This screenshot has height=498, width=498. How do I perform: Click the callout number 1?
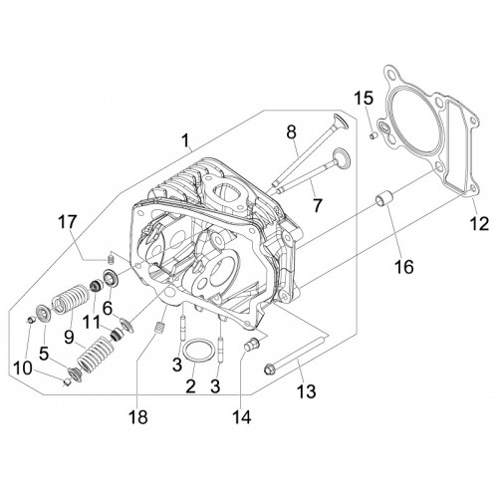186,140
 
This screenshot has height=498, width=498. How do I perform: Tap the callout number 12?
479,223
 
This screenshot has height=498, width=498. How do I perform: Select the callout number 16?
404,266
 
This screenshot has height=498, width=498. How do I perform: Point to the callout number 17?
68,222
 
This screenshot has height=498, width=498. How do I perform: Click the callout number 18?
138,416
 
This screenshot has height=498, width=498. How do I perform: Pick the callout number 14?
241,416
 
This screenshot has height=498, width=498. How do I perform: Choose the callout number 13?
306,390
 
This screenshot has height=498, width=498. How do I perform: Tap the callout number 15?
363,99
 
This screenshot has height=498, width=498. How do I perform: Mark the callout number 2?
190,386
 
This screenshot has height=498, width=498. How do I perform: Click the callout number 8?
291,132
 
